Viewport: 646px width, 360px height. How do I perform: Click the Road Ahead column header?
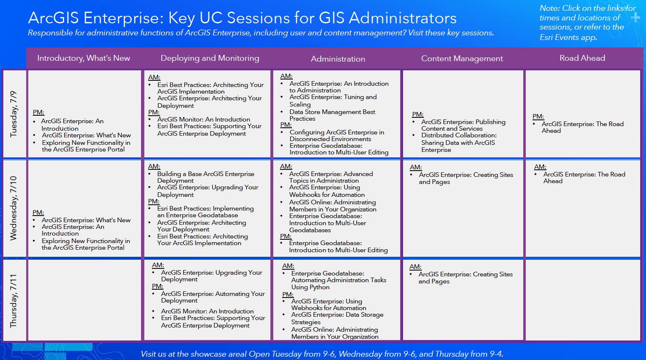(582, 58)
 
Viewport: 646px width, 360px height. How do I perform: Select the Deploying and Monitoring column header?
(210, 58)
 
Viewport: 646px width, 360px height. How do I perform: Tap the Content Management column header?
(462, 59)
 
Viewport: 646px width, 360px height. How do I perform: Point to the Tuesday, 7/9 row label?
(14, 114)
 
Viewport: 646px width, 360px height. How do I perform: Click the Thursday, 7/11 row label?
(14, 300)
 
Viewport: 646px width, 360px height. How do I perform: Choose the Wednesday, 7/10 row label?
(14, 208)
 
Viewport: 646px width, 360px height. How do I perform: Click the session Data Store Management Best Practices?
(332, 115)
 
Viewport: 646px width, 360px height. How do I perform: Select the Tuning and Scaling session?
(333, 101)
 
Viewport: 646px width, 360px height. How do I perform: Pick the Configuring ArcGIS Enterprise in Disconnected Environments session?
(337, 136)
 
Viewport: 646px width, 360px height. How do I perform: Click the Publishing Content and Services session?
(463, 125)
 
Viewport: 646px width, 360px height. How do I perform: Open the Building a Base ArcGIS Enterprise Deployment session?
(205, 177)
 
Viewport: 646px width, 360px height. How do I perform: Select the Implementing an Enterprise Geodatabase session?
(205, 212)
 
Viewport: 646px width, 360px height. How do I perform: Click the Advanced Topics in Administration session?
(331, 177)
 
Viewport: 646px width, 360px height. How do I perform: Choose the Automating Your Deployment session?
(213, 297)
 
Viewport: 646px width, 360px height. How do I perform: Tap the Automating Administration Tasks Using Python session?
(338, 280)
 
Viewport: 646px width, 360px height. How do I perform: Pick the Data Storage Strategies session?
(337, 318)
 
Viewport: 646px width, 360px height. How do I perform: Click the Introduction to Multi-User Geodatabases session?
(327, 223)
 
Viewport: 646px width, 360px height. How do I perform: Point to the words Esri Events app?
(568, 37)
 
